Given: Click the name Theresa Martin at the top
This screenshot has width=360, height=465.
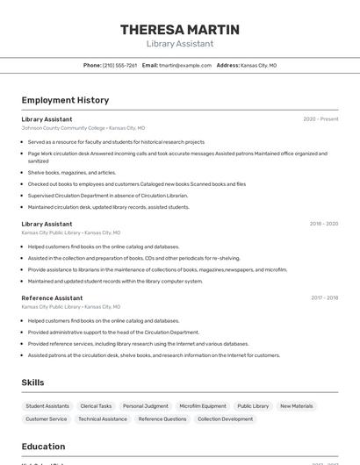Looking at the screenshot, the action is point(179,30).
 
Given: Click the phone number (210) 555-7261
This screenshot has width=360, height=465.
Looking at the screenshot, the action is point(119,65).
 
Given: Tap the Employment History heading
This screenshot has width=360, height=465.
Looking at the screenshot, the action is point(65,100).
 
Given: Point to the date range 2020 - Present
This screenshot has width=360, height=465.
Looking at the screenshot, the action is point(320,119).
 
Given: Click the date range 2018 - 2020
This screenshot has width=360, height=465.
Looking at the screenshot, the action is point(323,224).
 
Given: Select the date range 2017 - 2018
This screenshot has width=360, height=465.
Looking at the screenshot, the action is point(324,298).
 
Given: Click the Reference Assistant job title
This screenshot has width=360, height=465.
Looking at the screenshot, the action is point(52,298).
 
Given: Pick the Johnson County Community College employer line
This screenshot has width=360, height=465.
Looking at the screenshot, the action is point(83,128).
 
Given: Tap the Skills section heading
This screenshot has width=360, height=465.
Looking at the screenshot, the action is point(32,383).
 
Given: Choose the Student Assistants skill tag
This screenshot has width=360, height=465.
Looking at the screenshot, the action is point(47,406).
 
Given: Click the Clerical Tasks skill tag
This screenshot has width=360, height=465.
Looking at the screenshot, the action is point(96,406).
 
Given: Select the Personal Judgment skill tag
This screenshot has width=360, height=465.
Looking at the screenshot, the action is point(146,406).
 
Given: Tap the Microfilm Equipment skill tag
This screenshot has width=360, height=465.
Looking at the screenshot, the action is point(203,406).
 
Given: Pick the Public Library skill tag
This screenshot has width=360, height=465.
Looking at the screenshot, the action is point(253,406).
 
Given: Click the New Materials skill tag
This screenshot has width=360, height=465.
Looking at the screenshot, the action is point(296,406).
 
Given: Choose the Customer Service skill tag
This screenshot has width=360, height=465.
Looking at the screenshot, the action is point(46,419).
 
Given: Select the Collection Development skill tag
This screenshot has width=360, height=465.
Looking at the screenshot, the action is point(225,419).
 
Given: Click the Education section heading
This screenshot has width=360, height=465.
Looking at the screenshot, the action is point(43,447).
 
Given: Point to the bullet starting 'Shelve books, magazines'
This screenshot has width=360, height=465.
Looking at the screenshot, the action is point(72,173).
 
